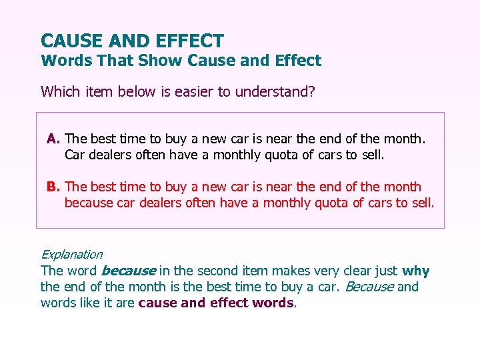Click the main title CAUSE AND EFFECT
point(132,41)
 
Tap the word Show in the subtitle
point(161,61)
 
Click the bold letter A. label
point(54,139)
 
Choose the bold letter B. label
point(54,187)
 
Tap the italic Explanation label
point(71,254)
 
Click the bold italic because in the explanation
point(128,271)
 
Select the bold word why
point(416,271)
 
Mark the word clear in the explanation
point(360,271)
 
